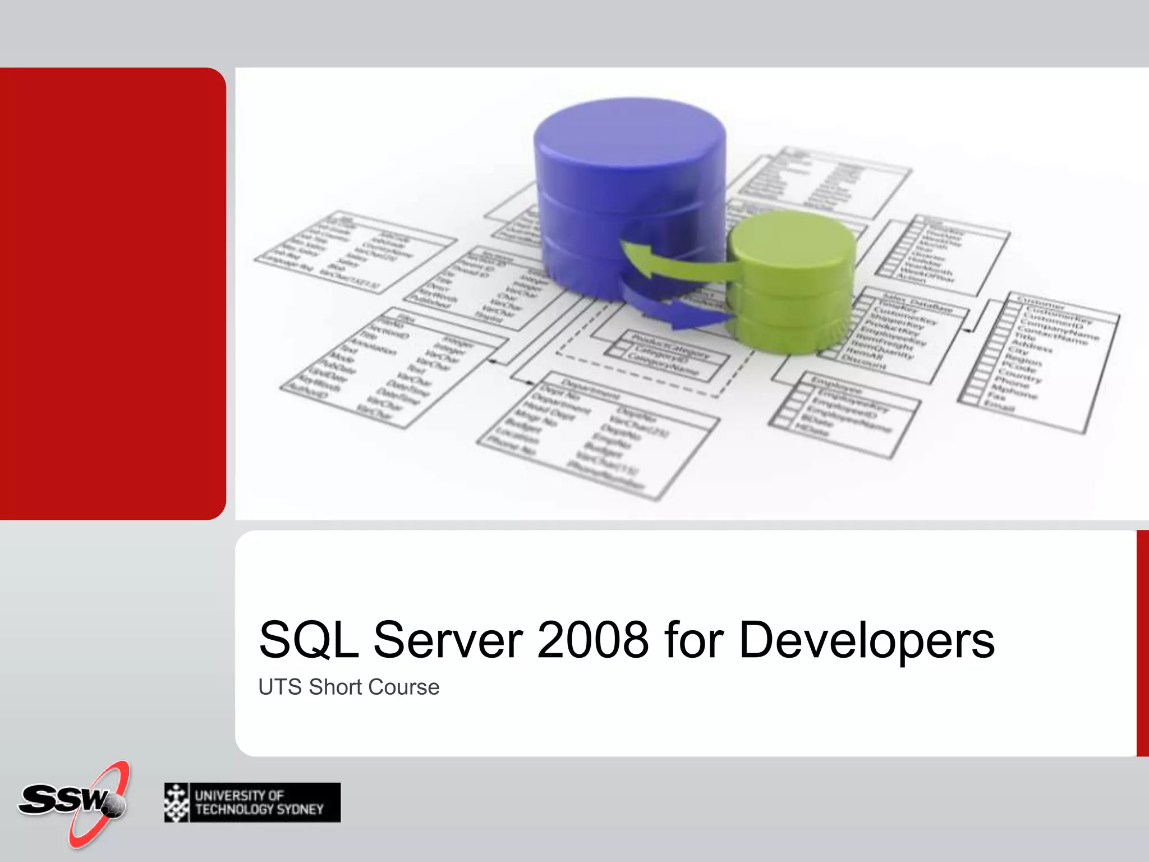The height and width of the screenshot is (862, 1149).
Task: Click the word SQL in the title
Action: (309, 640)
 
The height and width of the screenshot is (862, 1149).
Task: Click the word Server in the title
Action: (448, 640)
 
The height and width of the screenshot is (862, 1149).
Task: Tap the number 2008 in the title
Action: (593, 640)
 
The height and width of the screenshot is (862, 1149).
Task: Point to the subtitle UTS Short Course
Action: (348, 687)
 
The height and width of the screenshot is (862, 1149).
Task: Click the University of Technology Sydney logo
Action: (252, 803)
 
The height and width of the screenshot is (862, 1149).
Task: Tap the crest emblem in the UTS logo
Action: (177, 803)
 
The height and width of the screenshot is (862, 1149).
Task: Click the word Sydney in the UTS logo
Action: (301, 809)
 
